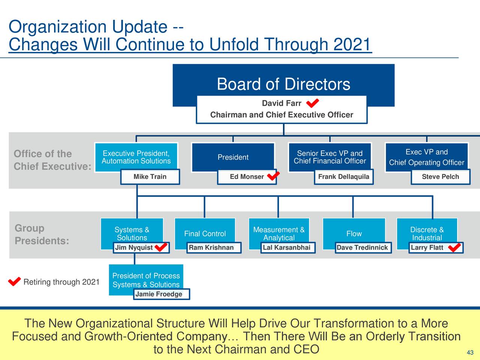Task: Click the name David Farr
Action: (x=281, y=103)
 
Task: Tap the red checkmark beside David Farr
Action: (x=312, y=103)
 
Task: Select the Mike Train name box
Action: (x=150, y=177)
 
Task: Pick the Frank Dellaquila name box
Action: (x=343, y=177)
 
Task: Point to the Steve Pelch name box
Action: (x=440, y=177)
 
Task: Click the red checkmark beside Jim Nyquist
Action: (x=161, y=247)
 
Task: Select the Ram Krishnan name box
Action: (x=211, y=247)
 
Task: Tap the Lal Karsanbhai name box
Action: (x=286, y=247)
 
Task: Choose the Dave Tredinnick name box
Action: (x=362, y=247)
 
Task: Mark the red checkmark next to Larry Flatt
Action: (x=454, y=247)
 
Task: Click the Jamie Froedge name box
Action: (x=159, y=294)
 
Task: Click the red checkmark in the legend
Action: (x=14, y=282)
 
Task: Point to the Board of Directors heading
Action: (x=283, y=84)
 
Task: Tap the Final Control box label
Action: (x=205, y=234)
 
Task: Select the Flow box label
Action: (x=354, y=234)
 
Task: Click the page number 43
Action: (x=470, y=352)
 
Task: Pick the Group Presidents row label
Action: (x=41, y=234)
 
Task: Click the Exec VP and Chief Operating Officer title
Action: (x=426, y=157)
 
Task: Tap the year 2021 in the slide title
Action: (x=352, y=45)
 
